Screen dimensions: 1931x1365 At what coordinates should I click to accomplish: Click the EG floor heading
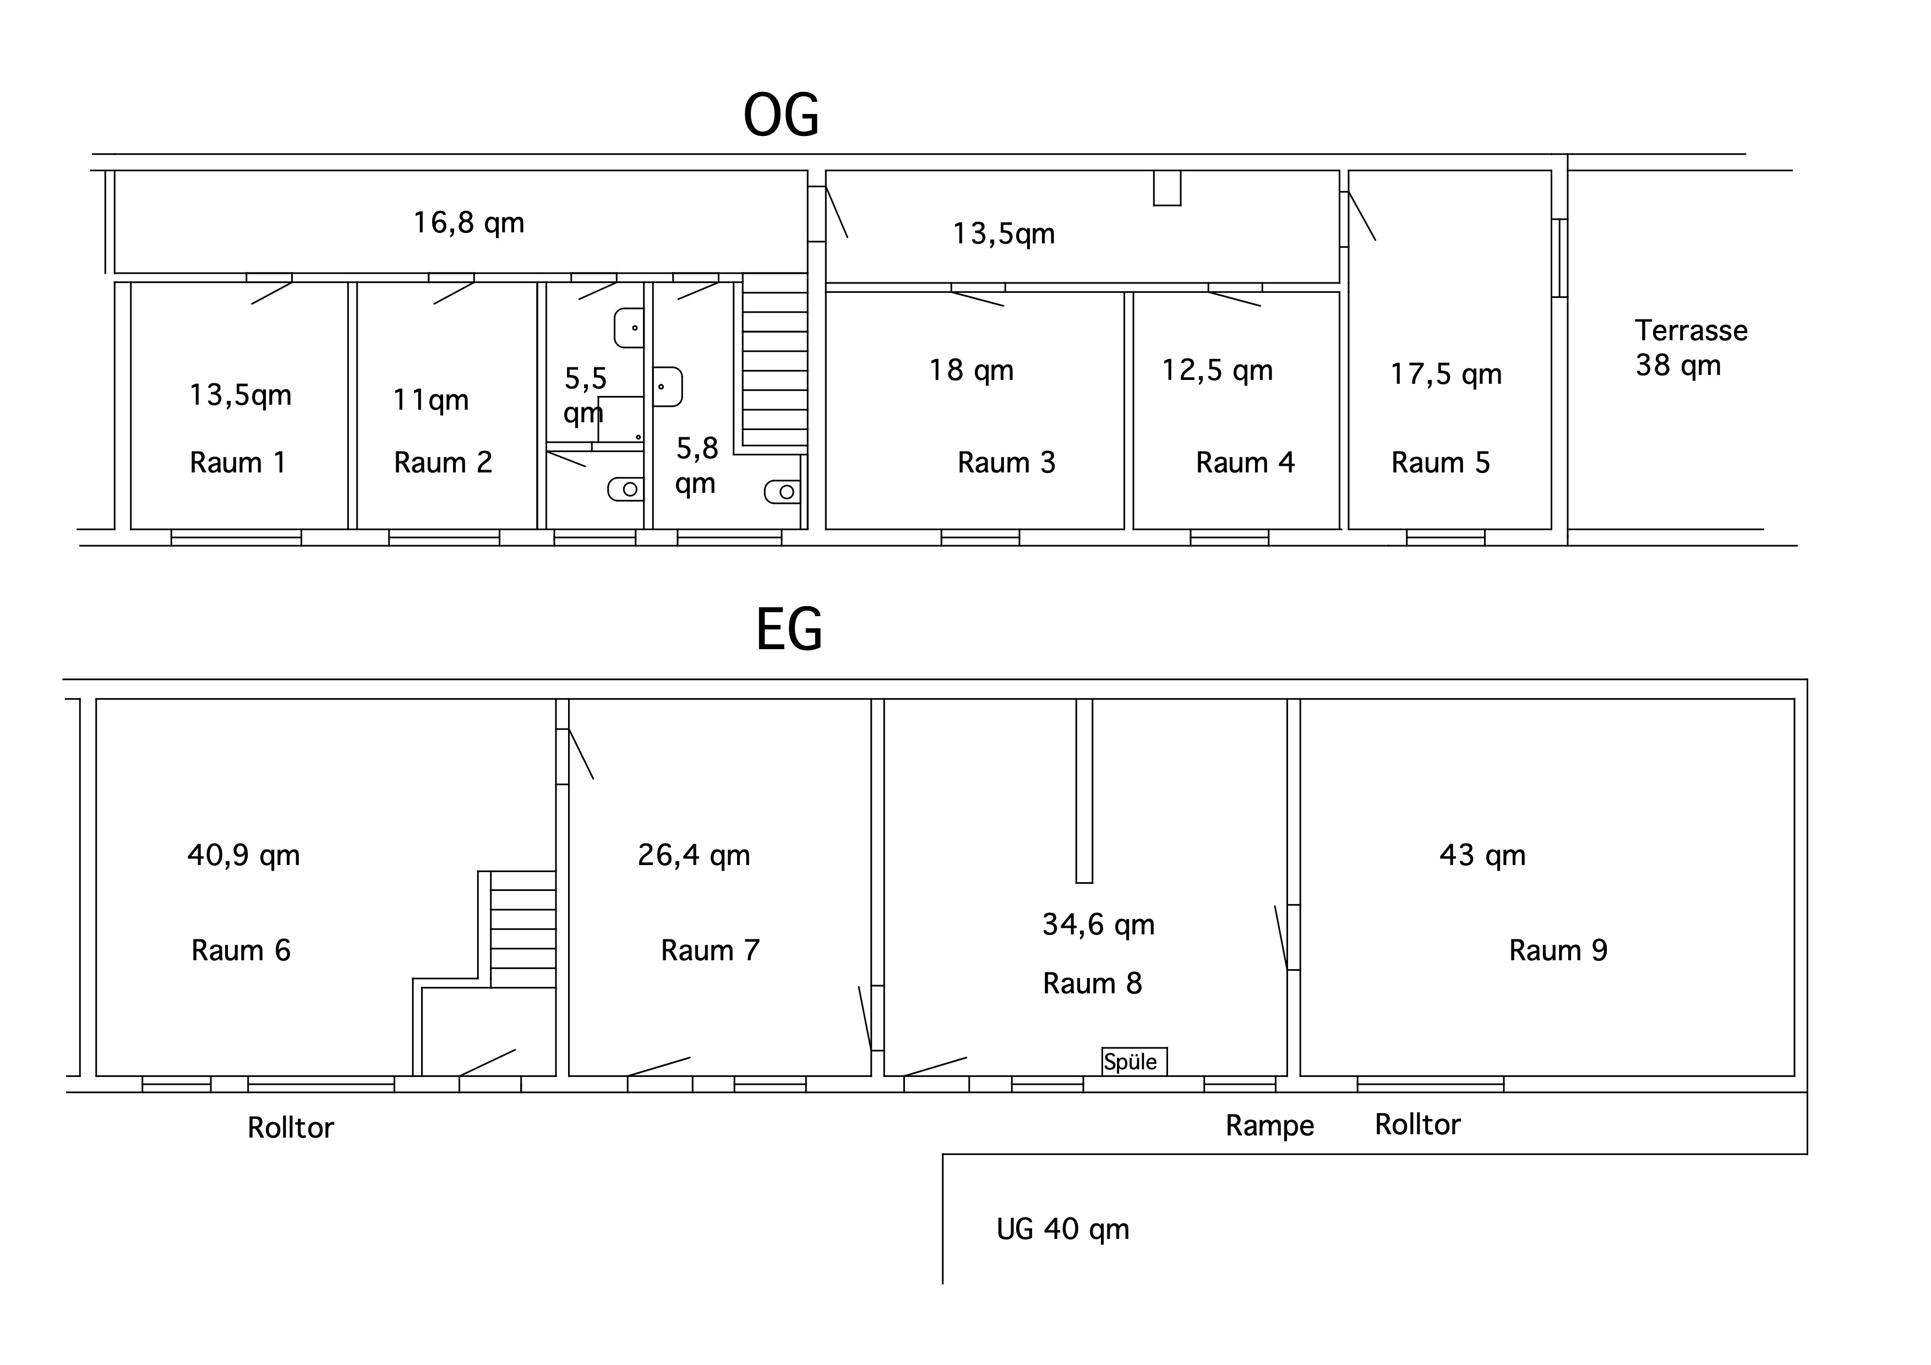coord(789,629)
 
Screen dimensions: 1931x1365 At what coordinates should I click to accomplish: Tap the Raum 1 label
coord(238,463)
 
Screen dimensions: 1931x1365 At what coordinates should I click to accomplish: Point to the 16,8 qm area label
coord(468,223)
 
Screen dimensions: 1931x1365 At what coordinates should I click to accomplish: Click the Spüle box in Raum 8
coord(1134,1062)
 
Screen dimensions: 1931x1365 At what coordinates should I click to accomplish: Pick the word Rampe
coord(1269,1126)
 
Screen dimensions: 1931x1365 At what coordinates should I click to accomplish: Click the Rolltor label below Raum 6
coord(290,1128)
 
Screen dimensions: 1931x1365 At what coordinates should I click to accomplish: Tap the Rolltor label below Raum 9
coord(1418,1124)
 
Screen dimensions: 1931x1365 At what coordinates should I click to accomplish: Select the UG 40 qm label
coord(1063,1230)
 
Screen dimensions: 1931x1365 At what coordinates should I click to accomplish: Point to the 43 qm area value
coord(1482,855)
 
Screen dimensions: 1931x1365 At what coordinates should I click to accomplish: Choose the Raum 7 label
coord(711,950)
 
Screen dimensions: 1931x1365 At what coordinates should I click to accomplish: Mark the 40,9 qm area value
coord(244,855)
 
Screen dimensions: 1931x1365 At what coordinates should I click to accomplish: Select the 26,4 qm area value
coord(694,855)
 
